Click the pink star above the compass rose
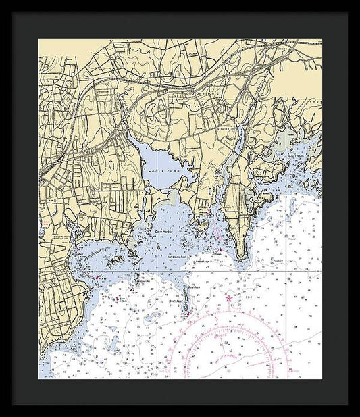(x=229, y=298)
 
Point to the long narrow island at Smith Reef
(x=184, y=301)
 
